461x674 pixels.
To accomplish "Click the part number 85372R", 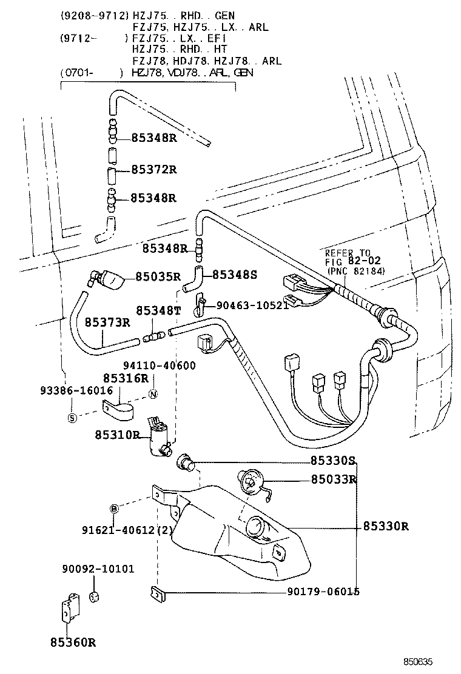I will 153,169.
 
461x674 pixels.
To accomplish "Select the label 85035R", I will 158,276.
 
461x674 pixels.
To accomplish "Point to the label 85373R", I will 107,322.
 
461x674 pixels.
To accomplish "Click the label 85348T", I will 158,310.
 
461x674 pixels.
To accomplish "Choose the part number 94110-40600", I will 160,365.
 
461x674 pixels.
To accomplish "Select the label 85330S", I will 333,461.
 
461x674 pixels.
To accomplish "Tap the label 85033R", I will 333,479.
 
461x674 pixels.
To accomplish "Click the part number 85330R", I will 386,526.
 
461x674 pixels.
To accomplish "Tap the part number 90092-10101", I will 98,569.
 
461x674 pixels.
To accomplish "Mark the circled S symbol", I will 72,418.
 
